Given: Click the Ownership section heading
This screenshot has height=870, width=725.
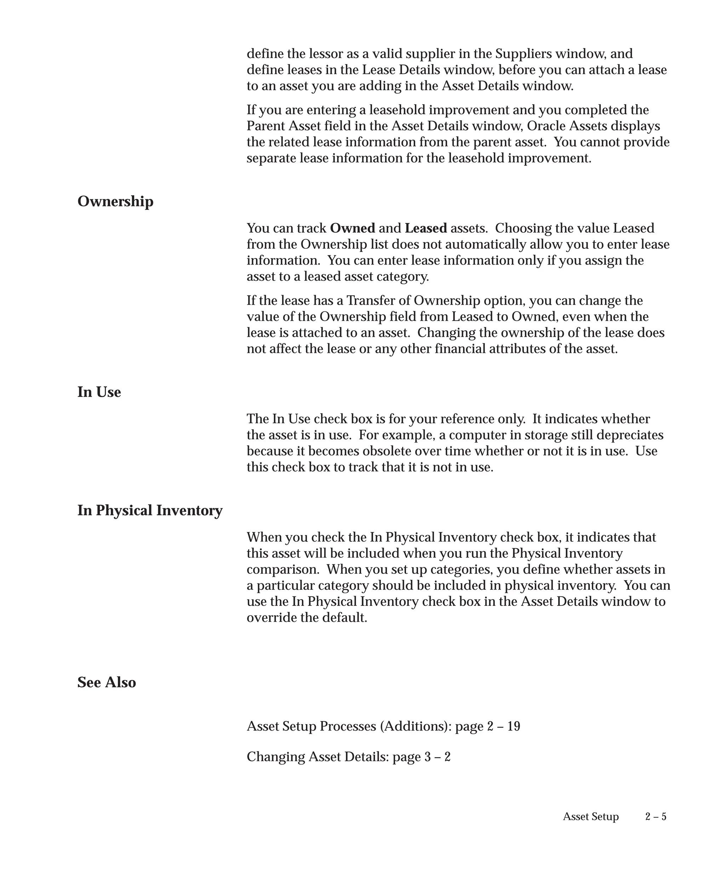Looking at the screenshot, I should pos(115,201).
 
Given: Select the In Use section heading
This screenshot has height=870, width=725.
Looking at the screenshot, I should pos(99,392).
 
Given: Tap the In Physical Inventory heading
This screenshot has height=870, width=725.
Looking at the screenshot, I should pos(149,510).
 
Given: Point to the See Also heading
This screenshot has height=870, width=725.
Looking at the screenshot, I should pos(107,682).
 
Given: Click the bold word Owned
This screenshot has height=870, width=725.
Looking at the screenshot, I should pos(352,228).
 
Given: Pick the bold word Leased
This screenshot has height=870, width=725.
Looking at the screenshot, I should pos(426,228).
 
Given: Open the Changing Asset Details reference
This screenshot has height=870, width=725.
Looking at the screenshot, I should pos(348,757).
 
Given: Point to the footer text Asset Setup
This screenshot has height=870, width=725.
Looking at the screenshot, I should pos(590,817).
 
